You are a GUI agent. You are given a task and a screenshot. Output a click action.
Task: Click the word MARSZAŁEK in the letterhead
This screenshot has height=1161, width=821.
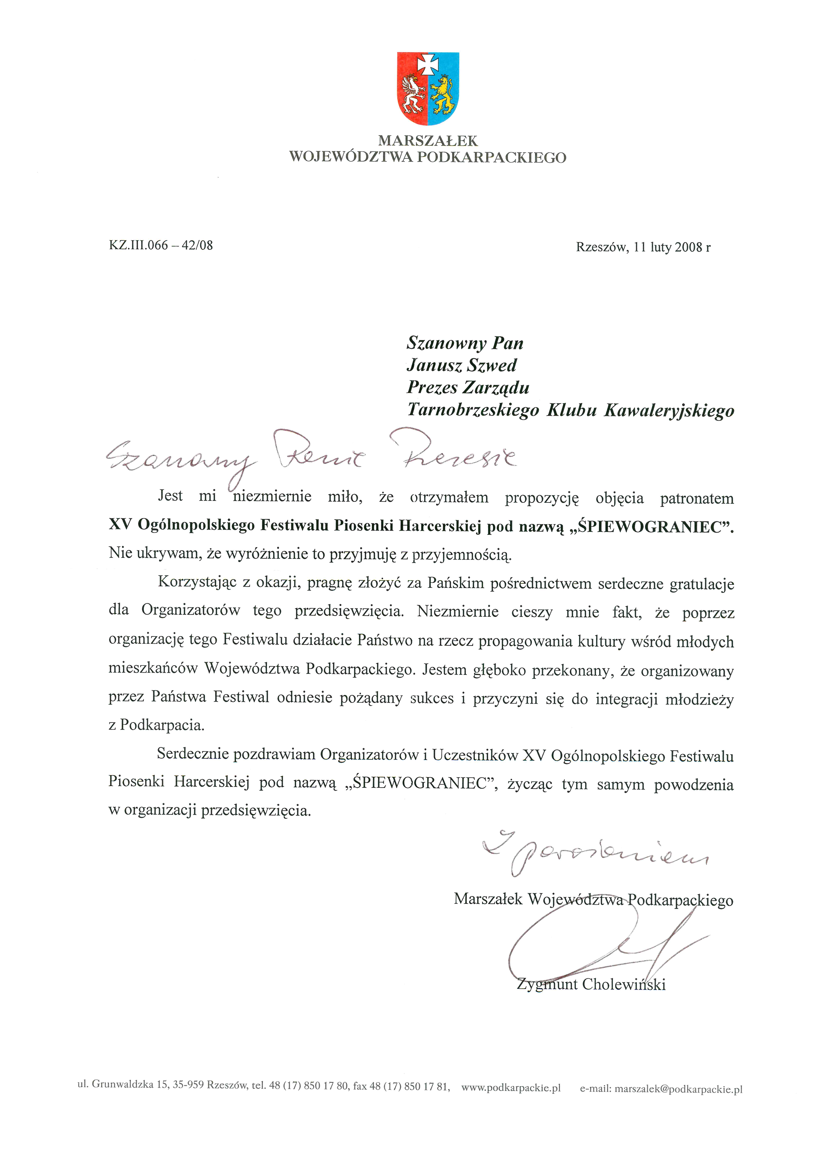(428, 141)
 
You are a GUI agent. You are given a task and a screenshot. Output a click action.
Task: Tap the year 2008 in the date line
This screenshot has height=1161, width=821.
(689, 247)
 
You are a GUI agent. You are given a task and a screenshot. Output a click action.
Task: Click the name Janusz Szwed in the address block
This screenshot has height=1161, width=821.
(461, 365)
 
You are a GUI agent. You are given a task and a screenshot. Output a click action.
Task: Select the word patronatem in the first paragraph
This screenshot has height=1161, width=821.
(697, 499)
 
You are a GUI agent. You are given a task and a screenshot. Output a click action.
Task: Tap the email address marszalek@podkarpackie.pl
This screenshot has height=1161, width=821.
(678, 1089)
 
